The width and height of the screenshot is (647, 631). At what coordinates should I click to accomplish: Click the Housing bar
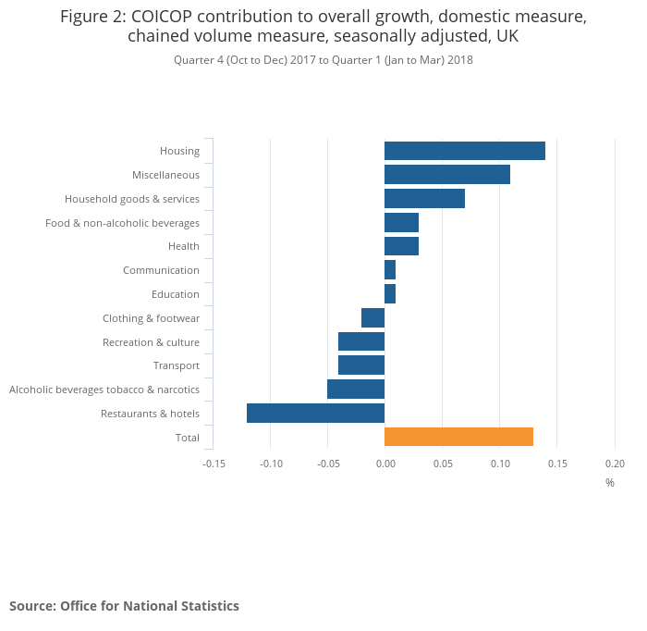pyautogui.click(x=464, y=151)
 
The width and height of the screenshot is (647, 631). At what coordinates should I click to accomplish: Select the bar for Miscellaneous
pyautogui.click(x=446, y=174)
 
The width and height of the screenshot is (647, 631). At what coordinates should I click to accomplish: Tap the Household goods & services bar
pyautogui.click(x=424, y=198)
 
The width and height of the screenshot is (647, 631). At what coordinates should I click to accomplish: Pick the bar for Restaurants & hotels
pyautogui.click(x=315, y=413)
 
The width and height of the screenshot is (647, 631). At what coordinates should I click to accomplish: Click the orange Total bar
pyautogui.click(x=458, y=437)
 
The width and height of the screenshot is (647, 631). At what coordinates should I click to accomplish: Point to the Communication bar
pyautogui.click(x=390, y=270)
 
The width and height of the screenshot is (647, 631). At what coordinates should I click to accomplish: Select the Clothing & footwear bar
pyautogui.click(x=372, y=318)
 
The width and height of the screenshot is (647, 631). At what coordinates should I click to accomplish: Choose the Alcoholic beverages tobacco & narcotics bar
pyautogui.click(x=356, y=390)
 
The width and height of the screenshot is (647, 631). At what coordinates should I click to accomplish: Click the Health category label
pyautogui.click(x=183, y=246)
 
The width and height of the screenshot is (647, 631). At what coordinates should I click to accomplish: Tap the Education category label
pyautogui.click(x=176, y=294)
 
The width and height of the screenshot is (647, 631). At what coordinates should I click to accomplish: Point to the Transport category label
pyautogui.click(x=177, y=365)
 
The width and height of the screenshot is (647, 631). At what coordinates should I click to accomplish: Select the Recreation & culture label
pyautogui.click(x=151, y=342)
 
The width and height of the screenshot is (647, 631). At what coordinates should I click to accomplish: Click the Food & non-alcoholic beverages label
pyautogui.click(x=122, y=223)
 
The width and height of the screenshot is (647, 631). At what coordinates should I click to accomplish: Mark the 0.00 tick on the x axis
pyautogui.click(x=385, y=464)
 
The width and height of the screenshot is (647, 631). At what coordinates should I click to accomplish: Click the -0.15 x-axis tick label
pyautogui.click(x=214, y=464)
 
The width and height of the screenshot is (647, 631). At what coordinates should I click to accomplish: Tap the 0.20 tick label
pyautogui.click(x=615, y=464)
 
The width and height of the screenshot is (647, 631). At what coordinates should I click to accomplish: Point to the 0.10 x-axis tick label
pyautogui.click(x=499, y=464)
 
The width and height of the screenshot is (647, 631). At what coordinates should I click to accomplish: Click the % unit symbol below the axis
pyautogui.click(x=610, y=483)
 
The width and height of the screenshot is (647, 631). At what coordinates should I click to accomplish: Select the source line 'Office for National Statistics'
pyautogui.click(x=124, y=606)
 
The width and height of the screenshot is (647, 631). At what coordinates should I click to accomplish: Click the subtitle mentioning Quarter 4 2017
pyautogui.click(x=323, y=60)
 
